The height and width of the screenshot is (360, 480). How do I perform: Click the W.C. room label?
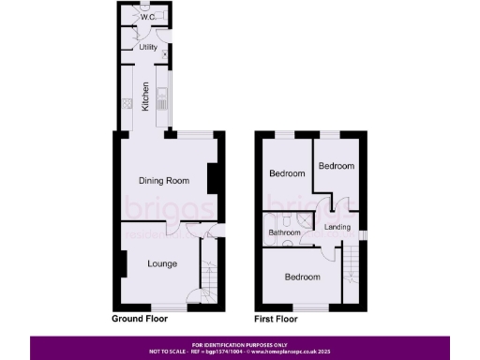(147, 17)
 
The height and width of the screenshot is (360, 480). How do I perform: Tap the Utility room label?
(147, 47)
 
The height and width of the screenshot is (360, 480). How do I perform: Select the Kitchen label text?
(145, 97)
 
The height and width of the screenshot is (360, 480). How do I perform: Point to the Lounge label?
(162, 263)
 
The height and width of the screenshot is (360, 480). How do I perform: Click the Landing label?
(337, 228)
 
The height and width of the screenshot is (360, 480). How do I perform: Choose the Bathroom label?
(285, 232)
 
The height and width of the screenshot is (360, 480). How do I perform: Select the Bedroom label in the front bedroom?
(301, 277)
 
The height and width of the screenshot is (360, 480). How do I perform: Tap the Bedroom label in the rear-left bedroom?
(287, 173)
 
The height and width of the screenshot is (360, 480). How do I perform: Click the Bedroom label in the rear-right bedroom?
(336, 166)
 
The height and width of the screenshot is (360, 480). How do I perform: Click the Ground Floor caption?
(142, 319)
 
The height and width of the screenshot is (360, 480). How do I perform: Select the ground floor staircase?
(209, 281)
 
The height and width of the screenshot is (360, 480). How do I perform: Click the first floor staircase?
(352, 267)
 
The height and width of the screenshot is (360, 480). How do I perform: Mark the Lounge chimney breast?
(123, 265)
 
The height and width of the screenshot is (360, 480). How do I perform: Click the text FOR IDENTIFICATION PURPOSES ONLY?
(239, 344)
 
